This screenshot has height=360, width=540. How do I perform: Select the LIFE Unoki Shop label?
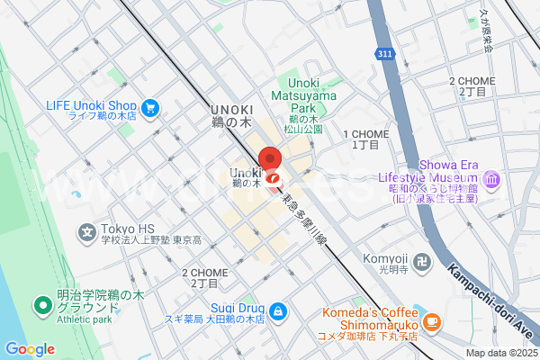pos(91,110)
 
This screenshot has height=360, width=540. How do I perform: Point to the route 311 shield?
pos(385,55)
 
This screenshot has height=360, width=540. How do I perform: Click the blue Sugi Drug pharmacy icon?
pos(279,310)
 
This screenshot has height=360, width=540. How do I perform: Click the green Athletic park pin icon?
pos(41,307)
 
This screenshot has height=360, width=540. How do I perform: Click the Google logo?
pos(30,349)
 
